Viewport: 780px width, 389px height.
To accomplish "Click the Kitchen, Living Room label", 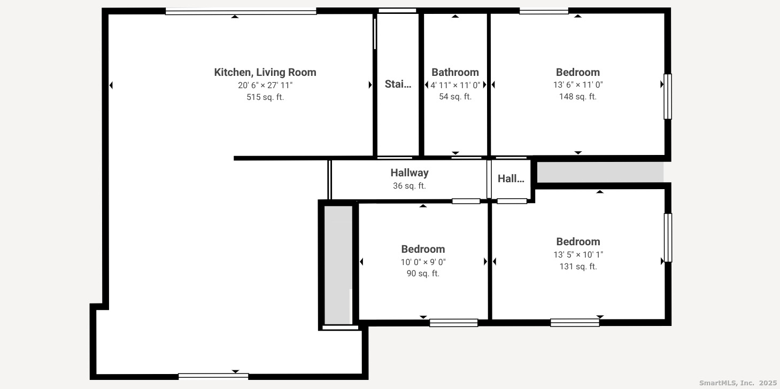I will pyautogui.click(x=265, y=72).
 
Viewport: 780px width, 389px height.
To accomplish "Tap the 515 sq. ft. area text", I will pyautogui.click(x=265, y=97).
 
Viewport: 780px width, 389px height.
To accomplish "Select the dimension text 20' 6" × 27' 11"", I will pyautogui.click(x=265, y=85).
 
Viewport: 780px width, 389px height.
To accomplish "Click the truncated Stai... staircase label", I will pyautogui.click(x=398, y=84).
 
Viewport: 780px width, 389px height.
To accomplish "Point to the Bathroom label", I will pyautogui.click(x=455, y=72).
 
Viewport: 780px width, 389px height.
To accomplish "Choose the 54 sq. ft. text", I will pyautogui.click(x=455, y=97).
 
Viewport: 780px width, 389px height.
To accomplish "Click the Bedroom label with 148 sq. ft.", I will pyautogui.click(x=577, y=72).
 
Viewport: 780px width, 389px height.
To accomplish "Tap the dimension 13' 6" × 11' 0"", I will pyautogui.click(x=577, y=84).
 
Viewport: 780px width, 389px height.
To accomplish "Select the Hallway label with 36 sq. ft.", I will pyautogui.click(x=409, y=173).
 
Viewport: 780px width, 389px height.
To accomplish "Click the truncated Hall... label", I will pyautogui.click(x=511, y=179).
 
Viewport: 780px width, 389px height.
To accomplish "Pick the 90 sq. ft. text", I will pyautogui.click(x=423, y=274).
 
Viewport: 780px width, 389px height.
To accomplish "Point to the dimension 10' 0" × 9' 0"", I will pyautogui.click(x=423, y=262).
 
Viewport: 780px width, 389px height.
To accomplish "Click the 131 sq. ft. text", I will pyautogui.click(x=577, y=267).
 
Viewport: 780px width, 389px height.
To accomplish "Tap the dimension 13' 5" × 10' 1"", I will pyautogui.click(x=577, y=255).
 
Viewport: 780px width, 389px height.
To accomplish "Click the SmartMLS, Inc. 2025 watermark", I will pyautogui.click(x=738, y=383).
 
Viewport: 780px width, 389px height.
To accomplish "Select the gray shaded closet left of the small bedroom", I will pyautogui.click(x=338, y=264).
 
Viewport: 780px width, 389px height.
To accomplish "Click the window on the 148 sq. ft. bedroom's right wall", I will pyautogui.click(x=667, y=97).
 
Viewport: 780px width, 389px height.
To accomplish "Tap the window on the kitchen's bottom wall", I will pyautogui.click(x=213, y=376).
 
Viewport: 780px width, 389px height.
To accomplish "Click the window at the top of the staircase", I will pyautogui.click(x=397, y=10).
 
